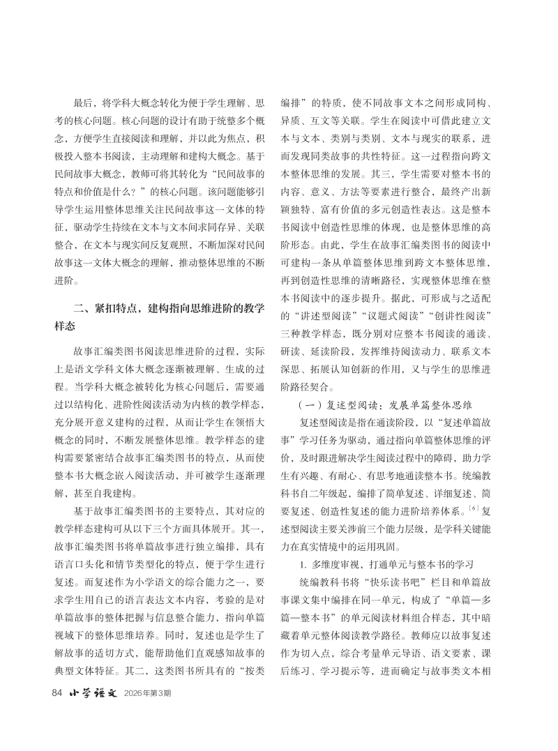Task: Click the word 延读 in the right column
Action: tap(328, 350)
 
